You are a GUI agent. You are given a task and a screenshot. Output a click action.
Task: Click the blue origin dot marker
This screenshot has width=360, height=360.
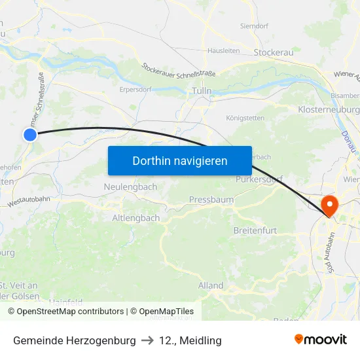click(30, 135)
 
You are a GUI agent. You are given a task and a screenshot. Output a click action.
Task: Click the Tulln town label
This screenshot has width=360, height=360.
click(202, 92)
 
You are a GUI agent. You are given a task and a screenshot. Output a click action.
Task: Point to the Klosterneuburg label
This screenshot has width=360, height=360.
click(328, 110)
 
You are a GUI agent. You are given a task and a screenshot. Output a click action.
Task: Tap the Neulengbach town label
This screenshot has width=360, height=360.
click(130, 187)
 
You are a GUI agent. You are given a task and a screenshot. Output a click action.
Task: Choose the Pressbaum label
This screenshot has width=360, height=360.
click(211, 199)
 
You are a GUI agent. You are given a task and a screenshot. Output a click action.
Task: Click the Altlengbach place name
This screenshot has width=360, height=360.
click(135, 218)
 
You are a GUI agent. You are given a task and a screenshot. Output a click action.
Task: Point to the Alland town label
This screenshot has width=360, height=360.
click(211, 285)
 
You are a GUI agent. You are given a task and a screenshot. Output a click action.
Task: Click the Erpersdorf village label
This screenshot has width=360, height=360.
click(136, 90)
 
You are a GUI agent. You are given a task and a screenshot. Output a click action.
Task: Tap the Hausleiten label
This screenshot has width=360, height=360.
click(223, 50)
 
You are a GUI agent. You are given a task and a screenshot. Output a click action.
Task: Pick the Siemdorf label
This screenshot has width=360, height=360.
click(255, 27)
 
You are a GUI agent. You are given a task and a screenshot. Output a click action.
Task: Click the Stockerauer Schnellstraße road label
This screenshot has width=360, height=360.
click(179, 70)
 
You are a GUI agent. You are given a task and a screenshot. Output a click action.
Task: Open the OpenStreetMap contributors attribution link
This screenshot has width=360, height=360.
click(65, 312)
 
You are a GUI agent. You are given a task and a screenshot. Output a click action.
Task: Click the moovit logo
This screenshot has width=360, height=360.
click(321, 340)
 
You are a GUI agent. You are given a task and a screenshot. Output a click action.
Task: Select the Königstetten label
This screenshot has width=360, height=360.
click(245, 118)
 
